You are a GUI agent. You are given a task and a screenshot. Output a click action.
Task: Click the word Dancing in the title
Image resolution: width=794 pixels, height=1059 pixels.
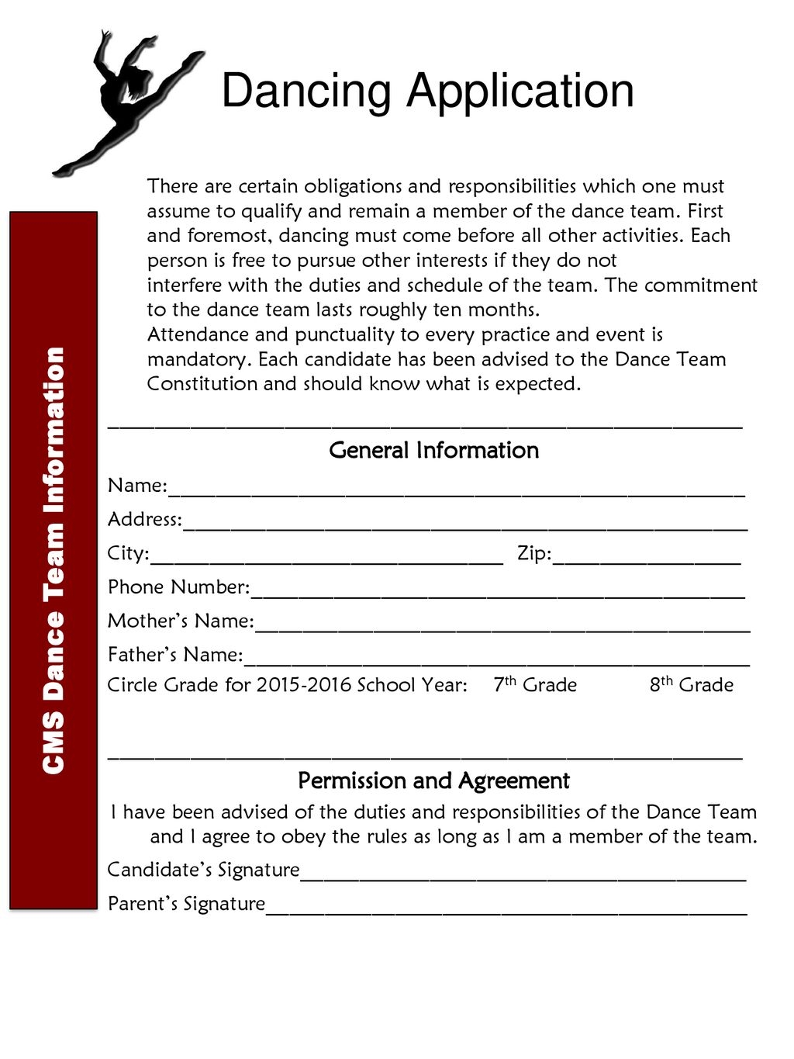[x=306, y=92]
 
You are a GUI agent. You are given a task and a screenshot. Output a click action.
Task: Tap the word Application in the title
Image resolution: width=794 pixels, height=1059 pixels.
[x=520, y=92]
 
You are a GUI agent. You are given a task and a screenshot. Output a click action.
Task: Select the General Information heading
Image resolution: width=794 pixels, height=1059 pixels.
[x=433, y=450]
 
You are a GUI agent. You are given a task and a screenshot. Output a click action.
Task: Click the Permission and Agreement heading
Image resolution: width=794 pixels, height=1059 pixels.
[x=433, y=780]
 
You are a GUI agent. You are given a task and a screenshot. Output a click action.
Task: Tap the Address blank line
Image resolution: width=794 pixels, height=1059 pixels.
[x=465, y=524]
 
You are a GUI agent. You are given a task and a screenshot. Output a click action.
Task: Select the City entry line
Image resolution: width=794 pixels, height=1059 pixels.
[x=326, y=559]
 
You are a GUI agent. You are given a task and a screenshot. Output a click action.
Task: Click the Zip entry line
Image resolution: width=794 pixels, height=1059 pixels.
[x=647, y=559]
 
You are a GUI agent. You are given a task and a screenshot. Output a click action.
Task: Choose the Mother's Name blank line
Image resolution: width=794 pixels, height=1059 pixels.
[x=502, y=627]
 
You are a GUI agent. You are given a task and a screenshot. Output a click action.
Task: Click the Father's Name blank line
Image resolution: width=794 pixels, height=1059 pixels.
[x=496, y=660]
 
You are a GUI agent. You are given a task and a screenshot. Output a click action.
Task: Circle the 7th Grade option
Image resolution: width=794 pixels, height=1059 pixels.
[x=535, y=685]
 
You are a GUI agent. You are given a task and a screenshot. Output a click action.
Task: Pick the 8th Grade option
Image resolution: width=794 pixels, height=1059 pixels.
[x=692, y=685]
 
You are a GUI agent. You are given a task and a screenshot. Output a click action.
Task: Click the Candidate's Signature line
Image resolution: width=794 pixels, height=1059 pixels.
[x=523, y=875]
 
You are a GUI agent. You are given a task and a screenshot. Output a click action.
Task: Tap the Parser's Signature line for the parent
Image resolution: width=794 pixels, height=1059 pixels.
[x=506, y=909]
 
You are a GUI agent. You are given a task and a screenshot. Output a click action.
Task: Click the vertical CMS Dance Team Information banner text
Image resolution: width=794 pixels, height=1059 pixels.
[x=54, y=560]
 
